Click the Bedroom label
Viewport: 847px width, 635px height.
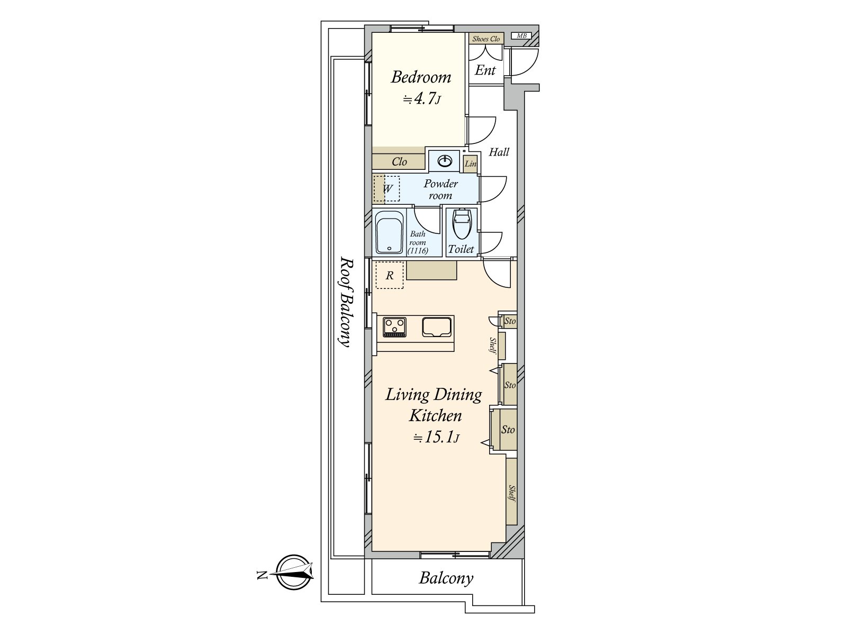[421, 77]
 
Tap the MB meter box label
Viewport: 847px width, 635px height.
[521, 36]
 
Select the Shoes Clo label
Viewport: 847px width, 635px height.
[486, 39]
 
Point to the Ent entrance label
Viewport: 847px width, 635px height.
[485, 70]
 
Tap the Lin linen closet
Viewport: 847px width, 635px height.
[471, 164]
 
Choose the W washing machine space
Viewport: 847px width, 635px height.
[386, 188]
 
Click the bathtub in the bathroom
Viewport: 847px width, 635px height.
[389, 232]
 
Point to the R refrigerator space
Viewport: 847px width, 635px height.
[389, 275]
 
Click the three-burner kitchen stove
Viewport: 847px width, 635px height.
[394, 327]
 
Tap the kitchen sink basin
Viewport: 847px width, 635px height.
[437, 327]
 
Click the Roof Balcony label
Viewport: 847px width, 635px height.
[345, 302]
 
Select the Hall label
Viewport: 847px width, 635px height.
[499, 152]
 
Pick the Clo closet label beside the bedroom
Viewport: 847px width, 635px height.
[399, 161]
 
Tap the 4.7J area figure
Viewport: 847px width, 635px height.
[421, 99]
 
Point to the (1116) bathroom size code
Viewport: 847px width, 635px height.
[418, 251]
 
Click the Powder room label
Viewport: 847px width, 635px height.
[440, 189]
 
